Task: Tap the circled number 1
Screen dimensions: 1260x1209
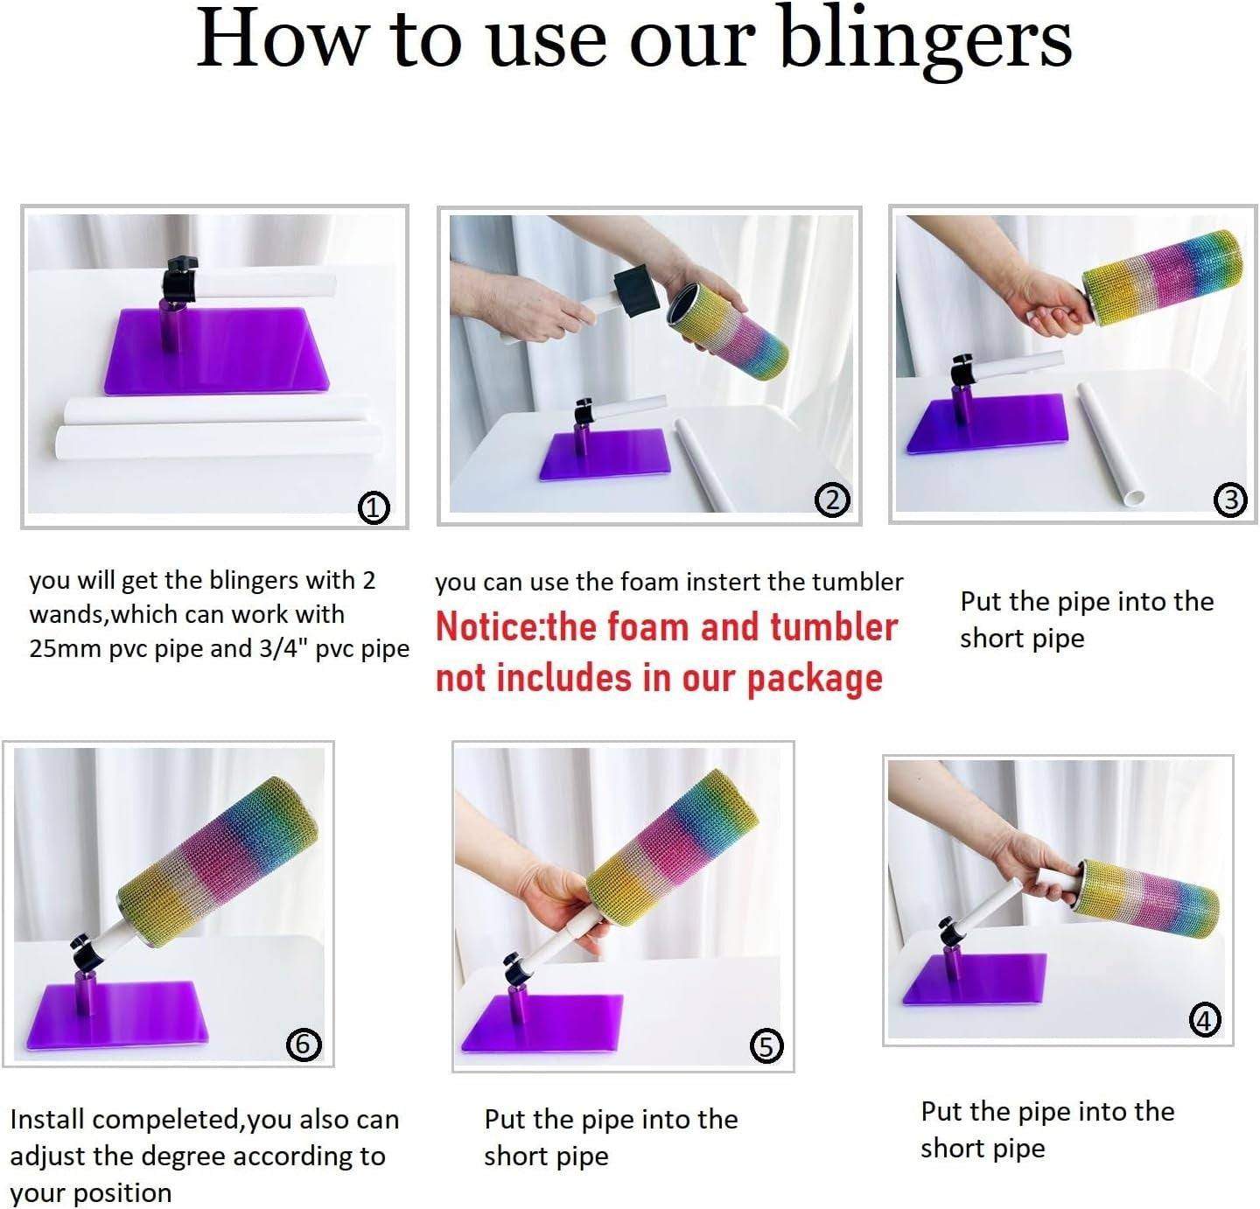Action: [374, 507]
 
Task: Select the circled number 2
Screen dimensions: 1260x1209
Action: [832, 500]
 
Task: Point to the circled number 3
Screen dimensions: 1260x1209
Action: [1230, 500]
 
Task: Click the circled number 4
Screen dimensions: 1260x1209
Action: [1204, 1021]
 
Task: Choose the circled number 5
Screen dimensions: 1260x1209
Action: [766, 1046]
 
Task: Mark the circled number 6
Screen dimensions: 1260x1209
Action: [304, 1044]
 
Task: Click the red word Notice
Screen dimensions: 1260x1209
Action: [488, 627]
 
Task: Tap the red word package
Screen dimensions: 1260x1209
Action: [815, 680]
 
